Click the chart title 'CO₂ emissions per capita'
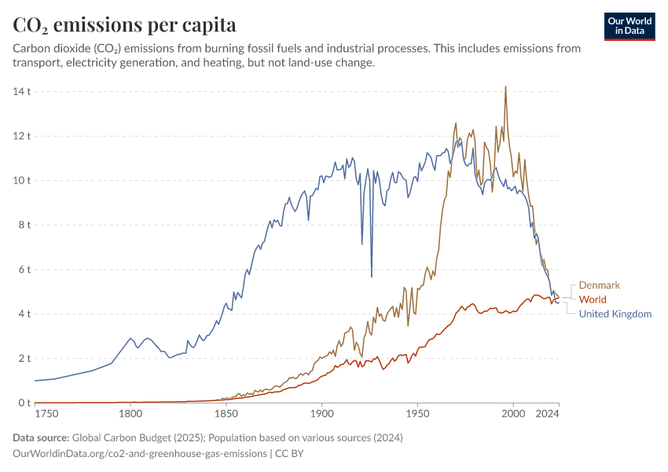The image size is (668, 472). (x=124, y=24)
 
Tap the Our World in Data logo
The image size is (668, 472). (x=629, y=26)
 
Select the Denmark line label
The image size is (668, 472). (x=600, y=285)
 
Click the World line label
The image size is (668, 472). (x=593, y=300)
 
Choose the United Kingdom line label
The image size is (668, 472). (x=615, y=314)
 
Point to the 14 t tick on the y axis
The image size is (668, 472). (x=21, y=91)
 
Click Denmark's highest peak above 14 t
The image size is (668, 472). (x=505, y=87)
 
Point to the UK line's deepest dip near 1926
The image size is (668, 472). (x=372, y=277)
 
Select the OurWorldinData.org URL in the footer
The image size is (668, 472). (x=138, y=454)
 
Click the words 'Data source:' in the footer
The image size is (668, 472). (x=40, y=437)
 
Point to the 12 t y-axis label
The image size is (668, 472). (x=21, y=136)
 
